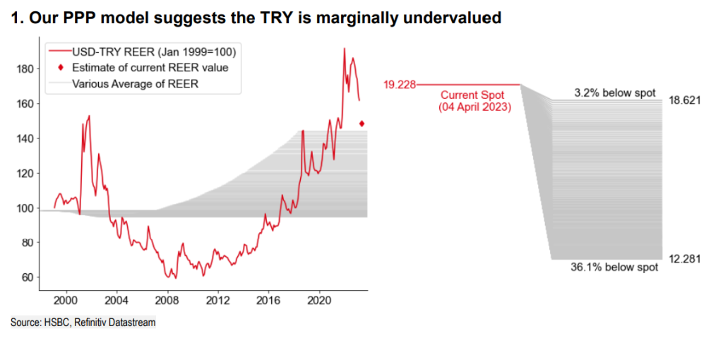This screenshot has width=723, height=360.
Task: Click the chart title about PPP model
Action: (x=257, y=18)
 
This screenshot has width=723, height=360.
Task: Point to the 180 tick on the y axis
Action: (x=25, y=69)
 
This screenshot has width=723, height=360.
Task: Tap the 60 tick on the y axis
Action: (x=28, y=277)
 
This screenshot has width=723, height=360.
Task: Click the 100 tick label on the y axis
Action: (x=25, y=208)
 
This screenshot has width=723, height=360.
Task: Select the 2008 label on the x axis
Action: (x=167, y=298)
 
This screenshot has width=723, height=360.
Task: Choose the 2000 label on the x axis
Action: (x=66, y=298)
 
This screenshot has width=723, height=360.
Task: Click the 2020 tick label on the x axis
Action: (x=319, y=298)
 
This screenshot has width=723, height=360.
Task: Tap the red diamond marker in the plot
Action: (x=362, y=124)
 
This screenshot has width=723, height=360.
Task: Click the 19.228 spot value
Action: (x=400, y=85)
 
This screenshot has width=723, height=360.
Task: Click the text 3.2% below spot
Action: (x=615, y=93)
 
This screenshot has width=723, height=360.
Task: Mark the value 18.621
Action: (x=684, y=101)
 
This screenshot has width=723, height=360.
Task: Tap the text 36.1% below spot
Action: (x=614, y=268)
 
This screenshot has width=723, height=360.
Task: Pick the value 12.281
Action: (x=684, y=259)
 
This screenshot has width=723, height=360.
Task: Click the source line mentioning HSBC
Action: (x=83, y=323)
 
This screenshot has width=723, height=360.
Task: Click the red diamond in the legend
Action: (x=61, y=68)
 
